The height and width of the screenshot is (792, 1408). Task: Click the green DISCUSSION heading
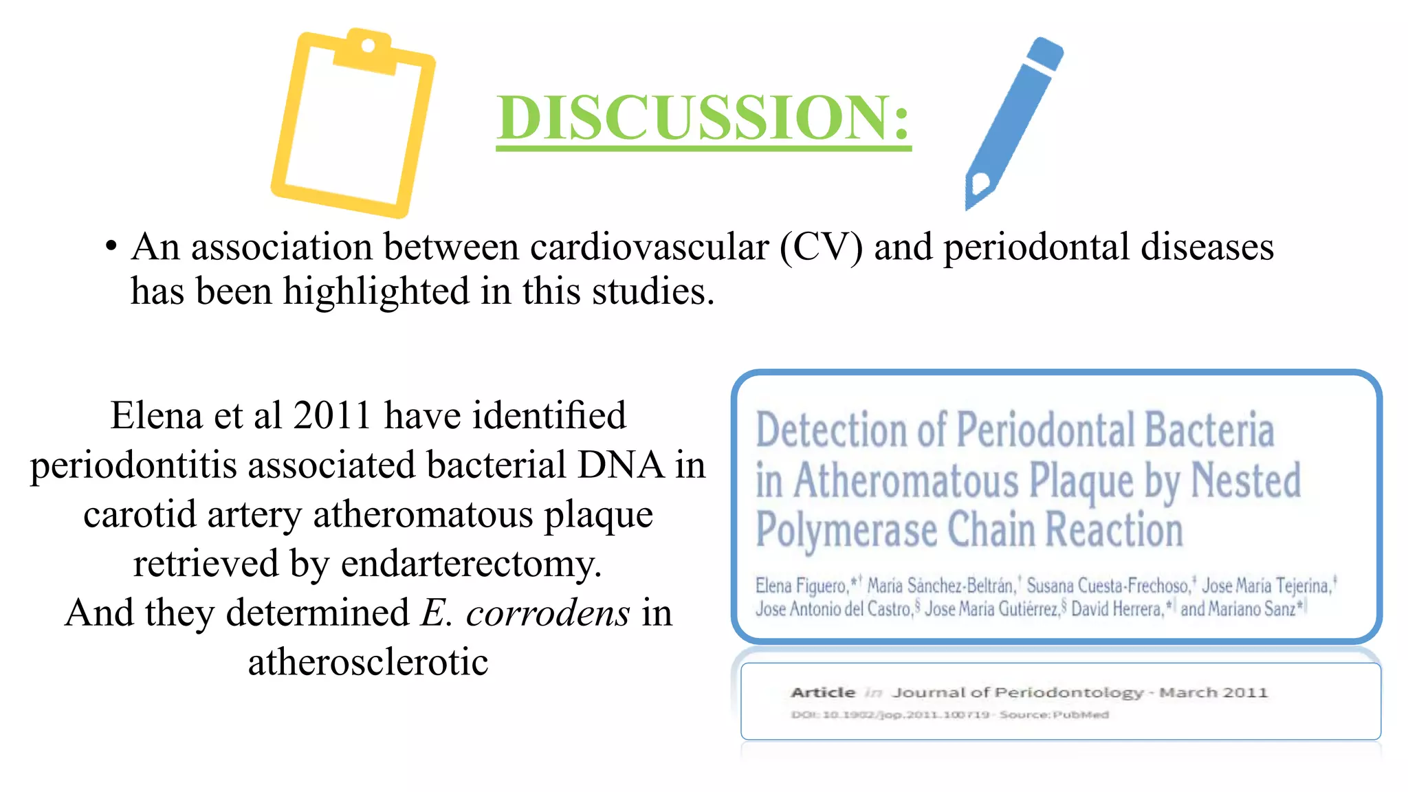click(x=703, y=118)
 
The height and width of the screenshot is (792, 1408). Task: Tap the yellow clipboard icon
click(x=352, y=124)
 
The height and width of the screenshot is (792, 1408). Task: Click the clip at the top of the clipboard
click(x=367, y=49)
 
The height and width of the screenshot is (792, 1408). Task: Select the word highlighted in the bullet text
click(x=377, y=291)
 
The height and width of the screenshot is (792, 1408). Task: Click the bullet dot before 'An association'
click(x=111, y=246)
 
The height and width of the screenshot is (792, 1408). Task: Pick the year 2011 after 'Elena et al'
click(x=332, y=415)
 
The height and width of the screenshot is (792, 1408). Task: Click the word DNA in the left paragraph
click(x=620, y=465)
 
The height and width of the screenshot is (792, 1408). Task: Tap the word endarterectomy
click(x=471, y=564)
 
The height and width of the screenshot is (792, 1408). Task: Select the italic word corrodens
click(x=547, y=613)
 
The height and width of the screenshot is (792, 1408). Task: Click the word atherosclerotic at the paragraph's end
click(x=368, y=662)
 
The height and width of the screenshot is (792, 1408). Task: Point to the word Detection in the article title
click(x=830, y=430)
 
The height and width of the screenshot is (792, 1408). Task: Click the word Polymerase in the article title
click(x=846, y=531)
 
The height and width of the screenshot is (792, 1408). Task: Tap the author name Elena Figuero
click(x=801, y=586)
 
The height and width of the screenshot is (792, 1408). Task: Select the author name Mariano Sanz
click(x=1237, y=609)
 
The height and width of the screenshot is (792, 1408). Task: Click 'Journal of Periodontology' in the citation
click(x=1017, y=692)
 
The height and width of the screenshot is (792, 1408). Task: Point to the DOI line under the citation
click(x=949, y=715)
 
